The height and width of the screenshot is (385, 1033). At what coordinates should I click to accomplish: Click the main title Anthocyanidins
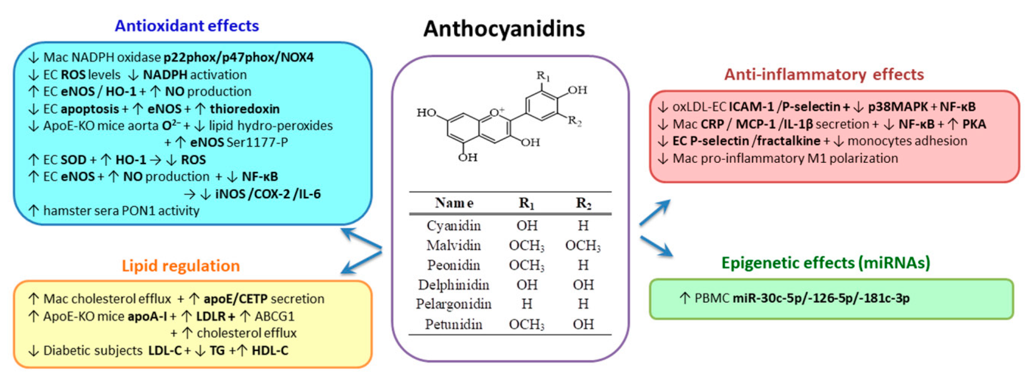pos(504,29)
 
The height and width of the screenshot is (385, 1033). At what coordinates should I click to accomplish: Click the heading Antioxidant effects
pos(187,26)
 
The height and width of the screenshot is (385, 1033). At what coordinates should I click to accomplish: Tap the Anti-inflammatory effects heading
pos(824,75)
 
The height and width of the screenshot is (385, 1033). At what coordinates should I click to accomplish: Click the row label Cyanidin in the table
pos(454,226)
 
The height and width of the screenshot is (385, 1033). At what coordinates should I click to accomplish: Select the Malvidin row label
pos(454,245)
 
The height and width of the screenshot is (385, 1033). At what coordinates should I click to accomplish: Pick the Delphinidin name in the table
pos(454,285)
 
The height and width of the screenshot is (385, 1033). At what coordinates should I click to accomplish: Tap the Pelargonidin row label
pos(454,304)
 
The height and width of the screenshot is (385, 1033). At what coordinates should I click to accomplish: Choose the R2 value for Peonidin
pos(583,265)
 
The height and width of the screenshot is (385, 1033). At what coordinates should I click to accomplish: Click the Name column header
pos(454,203)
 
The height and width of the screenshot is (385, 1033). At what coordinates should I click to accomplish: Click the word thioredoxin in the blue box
pos(245,109)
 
